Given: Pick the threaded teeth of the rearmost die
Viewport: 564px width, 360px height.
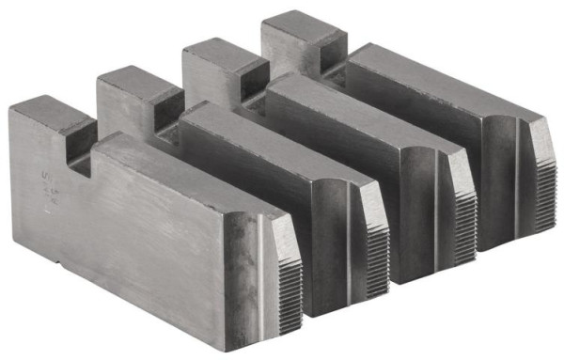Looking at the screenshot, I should [540, 184].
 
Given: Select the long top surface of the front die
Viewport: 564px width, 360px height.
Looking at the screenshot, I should [188, 174].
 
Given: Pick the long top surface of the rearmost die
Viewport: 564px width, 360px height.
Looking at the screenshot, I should [442, 85].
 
